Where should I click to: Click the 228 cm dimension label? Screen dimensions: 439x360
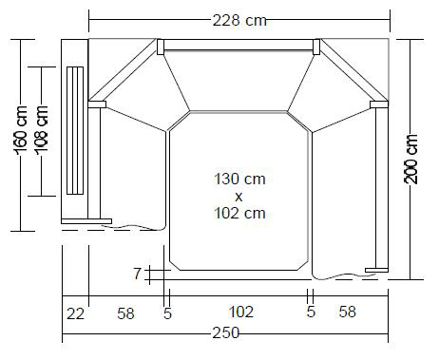(239, 21)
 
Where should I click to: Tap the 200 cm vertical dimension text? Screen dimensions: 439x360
(410, 159)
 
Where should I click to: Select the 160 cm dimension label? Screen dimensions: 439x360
(21, 131)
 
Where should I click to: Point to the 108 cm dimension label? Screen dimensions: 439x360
(41, 130)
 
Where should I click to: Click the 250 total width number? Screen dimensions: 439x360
(226, 332)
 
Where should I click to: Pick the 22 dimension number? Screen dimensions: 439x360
(75, 314)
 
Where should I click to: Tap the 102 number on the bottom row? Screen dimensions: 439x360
(241, 312)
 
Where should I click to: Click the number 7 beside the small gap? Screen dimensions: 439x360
(137, 274)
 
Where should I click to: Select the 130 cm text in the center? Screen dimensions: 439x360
(239, 179)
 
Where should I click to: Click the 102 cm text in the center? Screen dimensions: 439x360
(239, 213)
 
